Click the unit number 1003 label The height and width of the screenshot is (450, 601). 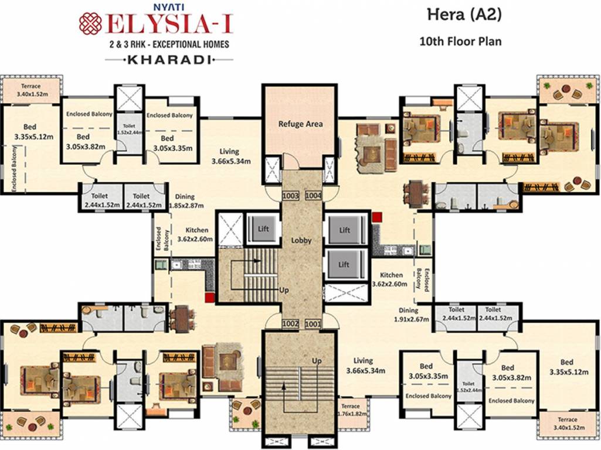(290, 195)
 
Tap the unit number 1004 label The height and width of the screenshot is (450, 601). (313, 195)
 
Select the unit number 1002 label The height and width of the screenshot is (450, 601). (290, 323)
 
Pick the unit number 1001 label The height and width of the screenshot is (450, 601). (313, 323)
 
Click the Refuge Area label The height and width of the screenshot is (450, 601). (300, 124)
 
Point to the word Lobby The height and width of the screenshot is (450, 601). (301, 240)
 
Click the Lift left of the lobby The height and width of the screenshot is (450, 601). (263, 229)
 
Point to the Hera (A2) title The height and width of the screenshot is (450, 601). (461, 16)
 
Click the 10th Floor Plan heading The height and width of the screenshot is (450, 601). (460, 42)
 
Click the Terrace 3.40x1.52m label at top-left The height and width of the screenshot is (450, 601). (32, 88)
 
